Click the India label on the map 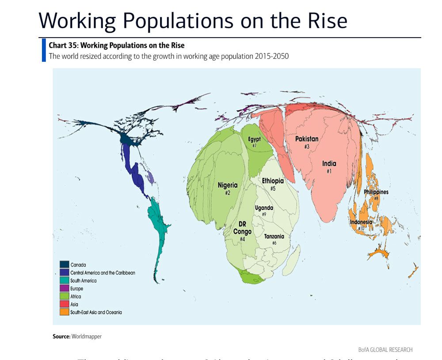coord(329,163)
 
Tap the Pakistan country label coord(306,139)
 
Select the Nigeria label coord(228,186)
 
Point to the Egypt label coord(254,139)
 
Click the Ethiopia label coord(273,181)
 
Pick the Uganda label coord(264,208)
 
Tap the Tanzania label coord(274,236)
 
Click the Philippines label coord(376,192)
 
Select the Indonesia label coord(361,222)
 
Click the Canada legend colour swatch coord(64,265)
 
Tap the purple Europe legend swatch coord(64,288)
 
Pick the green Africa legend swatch coord(64,296)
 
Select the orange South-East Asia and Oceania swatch coord(64,312)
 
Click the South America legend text coord(83,280)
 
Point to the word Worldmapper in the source coord(87,337)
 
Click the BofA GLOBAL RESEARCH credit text coord(385,349)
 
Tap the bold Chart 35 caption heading coord(117,45)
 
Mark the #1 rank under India coord(329,171)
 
